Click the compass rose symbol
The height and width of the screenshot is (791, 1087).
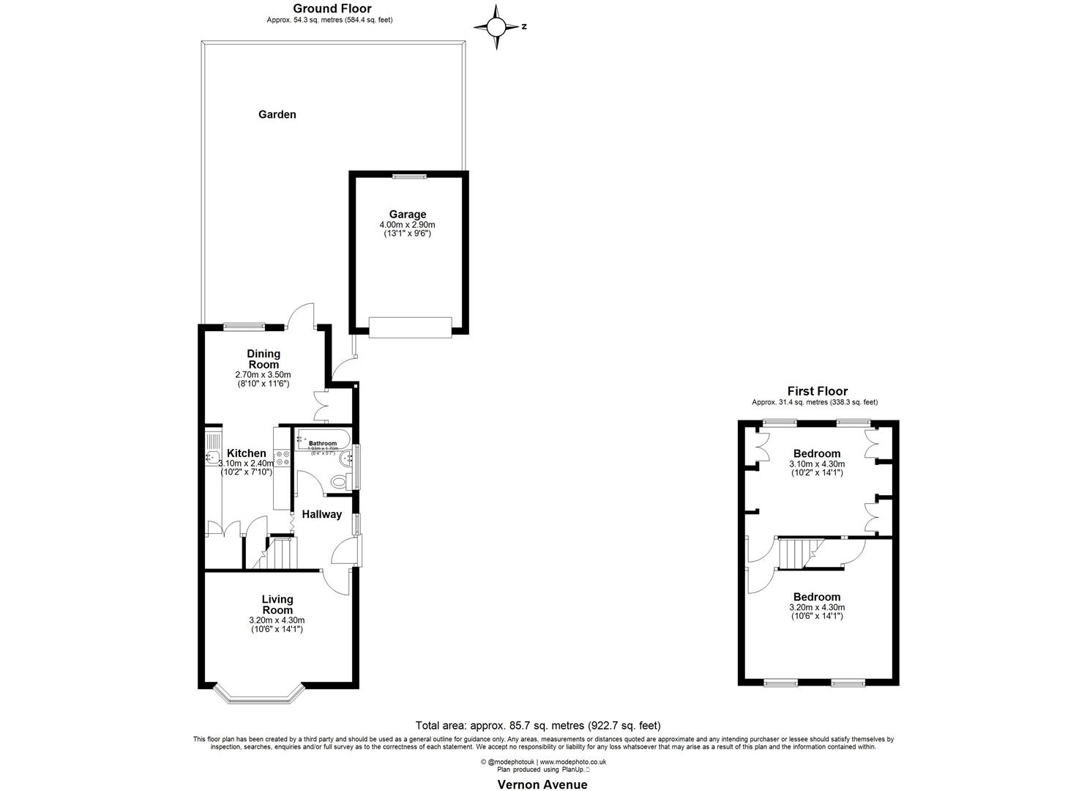coord(496,27)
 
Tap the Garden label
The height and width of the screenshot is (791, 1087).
coord(277,114)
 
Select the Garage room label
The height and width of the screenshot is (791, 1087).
coord(407,215)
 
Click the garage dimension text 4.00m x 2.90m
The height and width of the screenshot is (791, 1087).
coord(407,225)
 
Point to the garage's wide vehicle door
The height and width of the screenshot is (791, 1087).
coord(410,327)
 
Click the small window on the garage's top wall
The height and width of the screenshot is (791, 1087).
coord(409,175)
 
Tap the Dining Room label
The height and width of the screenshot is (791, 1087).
coord(264,359)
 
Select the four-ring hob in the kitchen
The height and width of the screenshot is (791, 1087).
coord(283,458)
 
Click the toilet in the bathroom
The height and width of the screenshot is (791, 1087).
coord(340,481)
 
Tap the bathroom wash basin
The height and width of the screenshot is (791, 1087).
coord(301,439)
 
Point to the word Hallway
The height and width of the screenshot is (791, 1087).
coord(322,514)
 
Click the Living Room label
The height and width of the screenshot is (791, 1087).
coord(277,604)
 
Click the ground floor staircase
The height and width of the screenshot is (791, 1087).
coord(283,552)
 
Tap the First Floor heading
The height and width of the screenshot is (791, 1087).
coord(817,391)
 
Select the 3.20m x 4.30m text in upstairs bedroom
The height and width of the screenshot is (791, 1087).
coord(817,607)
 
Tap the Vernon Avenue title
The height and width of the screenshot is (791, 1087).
coord(542,784)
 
